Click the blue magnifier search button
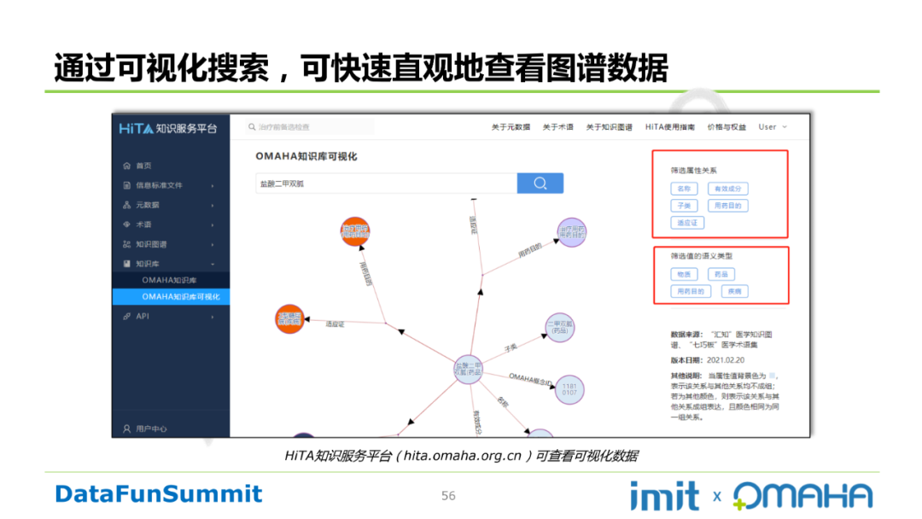[x=540, y=184]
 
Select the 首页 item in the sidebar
[x=143, y=166]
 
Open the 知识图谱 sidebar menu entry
[x=151, y=244]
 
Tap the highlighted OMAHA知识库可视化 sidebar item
[x=180, y=296]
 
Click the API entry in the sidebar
[x=142, y=316]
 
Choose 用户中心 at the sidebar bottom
[x=150, y=429]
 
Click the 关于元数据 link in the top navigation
[x=510, y=127]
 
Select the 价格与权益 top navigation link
[x=726, y=127]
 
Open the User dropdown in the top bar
[x=772, y=127]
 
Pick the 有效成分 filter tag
[x=727, y=189]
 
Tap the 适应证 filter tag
[x=687, y=223]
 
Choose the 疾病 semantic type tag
[x=734, y=292]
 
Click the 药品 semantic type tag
[x=721, y=275]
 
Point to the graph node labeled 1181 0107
[x=569, y=390]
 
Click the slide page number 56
[x=448, y=496]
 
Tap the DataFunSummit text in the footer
[x=159, y=493]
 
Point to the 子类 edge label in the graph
[x=511, y=348]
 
